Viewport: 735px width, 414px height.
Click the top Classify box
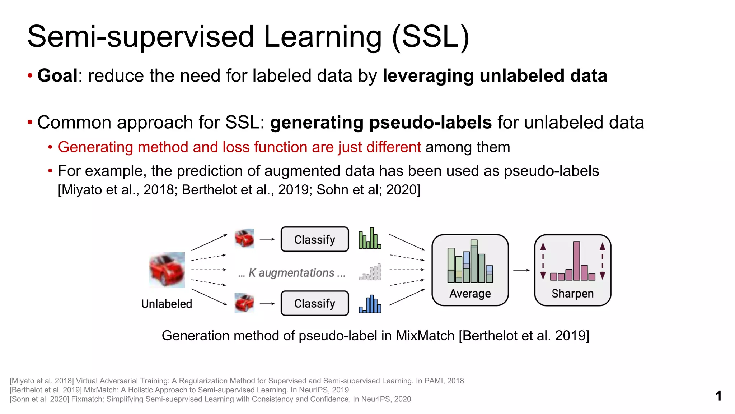(x=314, y=239)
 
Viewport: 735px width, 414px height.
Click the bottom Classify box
(x=314, y=303)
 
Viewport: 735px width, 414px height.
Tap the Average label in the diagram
(x=470, y=294)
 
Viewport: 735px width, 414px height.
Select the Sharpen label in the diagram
(x=572, y=294)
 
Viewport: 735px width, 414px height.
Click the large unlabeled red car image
(x=167, y=270)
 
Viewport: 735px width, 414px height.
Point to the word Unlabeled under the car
(x=167, y=304)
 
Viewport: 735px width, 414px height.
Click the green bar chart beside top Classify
(x=370, y=239)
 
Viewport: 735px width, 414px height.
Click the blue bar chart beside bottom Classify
(x=370, y=305)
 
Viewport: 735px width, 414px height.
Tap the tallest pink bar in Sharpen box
(x=576, y=261)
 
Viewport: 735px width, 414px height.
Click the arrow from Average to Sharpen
(x=521, y=270)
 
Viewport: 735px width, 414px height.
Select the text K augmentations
(x=291, y=273)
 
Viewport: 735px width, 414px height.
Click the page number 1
(x=718, y=396)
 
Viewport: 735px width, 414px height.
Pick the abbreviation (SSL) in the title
(x=430, y=37)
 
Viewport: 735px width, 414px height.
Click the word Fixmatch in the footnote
(x=87, y=399)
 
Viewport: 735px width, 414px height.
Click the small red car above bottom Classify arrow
(x=244, y=303)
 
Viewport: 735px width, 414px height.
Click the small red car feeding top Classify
(x=244, y=238)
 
